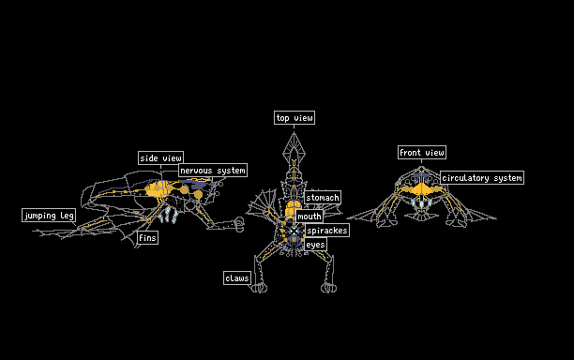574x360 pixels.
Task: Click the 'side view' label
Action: (160, 158)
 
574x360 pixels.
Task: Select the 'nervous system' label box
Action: (213, 170)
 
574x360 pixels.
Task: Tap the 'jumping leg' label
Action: (49, 215)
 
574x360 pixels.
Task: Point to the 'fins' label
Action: (147, 238)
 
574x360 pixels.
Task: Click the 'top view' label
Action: (295, 118)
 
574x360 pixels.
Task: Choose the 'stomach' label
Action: (323, 198)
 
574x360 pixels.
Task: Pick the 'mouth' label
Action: (310, 217)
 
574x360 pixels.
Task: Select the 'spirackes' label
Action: (327, 230)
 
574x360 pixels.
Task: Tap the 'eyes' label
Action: (315, 245)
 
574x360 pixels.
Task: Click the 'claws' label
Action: (237, 278)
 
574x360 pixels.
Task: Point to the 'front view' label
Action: (422, 152)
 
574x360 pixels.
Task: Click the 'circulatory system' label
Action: (482, 178)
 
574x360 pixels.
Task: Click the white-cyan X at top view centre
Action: (294, 231)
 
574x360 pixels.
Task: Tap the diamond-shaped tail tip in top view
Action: (294, 145)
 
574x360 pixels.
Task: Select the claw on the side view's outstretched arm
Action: (238, 224)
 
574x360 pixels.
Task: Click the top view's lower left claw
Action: (259, 288)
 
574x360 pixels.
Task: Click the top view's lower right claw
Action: (328, 288)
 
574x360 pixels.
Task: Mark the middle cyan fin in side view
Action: (168, 215)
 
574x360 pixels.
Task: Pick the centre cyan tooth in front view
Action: (421, 204)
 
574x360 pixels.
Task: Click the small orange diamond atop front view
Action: (421, 169)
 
